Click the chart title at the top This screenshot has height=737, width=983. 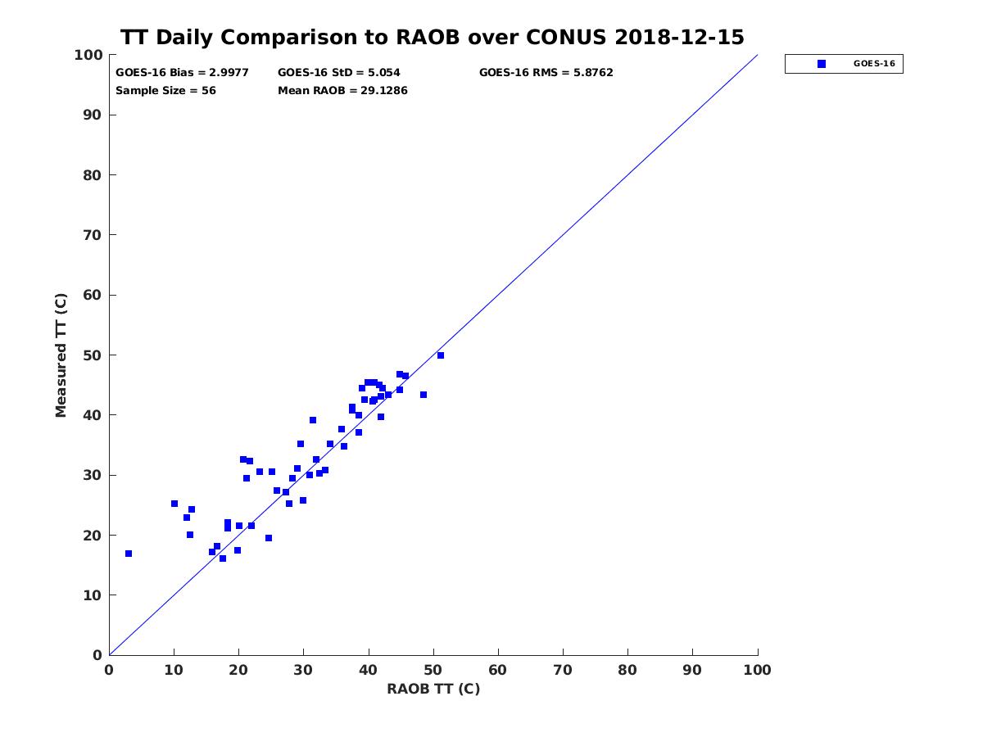[433, 38]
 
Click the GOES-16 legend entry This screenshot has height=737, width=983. [844, 64]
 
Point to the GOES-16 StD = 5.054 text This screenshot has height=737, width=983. [339, 73]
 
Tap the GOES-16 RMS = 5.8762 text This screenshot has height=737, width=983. [546, 73]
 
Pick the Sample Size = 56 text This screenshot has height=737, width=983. [165, 91]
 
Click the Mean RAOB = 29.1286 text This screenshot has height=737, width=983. [342, 91]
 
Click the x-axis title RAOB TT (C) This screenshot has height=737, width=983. [433, 689]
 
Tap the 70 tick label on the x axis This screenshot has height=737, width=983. [563, 670]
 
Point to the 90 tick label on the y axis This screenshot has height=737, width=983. [93, 115]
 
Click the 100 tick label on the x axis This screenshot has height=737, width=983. [757, 670]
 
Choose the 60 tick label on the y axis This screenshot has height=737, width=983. [93, 296]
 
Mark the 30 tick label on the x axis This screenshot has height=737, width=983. [303, 670]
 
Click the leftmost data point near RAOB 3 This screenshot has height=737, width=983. [129, 554]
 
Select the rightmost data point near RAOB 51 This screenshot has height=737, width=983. [441, 355]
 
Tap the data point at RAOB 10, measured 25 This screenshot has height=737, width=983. [174, 504]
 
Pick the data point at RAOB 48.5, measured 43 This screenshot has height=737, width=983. [424, 395]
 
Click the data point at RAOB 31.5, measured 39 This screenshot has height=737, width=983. [313, 420]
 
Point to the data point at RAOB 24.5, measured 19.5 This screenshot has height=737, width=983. [269, 538]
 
